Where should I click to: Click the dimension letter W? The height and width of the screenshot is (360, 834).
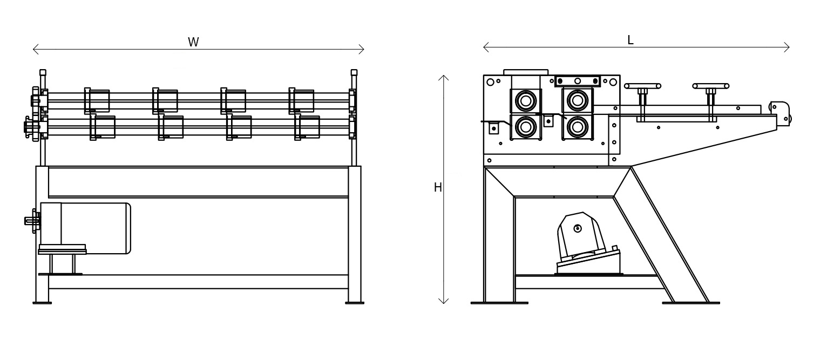193,42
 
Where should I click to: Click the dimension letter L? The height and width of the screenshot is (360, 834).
630,40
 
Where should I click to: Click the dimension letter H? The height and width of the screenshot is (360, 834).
438,187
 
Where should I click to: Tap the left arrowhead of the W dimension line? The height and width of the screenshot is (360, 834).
35,50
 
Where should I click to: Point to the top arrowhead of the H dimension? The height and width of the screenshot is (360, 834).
443,77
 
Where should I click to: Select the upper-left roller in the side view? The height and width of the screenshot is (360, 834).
526,100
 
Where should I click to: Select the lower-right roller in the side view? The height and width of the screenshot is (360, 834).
578,126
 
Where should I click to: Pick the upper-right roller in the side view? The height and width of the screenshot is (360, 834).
578,100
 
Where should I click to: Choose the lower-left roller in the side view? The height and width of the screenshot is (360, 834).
526,126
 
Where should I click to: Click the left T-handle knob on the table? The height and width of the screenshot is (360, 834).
642,86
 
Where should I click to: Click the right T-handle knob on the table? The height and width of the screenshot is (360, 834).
711,86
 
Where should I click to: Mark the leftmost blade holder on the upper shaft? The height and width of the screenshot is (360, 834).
97,101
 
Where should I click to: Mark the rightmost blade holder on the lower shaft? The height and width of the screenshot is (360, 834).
307,127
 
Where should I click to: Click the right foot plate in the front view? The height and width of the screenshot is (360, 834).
355,303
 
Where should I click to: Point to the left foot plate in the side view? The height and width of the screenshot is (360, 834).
499,303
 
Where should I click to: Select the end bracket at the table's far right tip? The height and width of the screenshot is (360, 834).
781,112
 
